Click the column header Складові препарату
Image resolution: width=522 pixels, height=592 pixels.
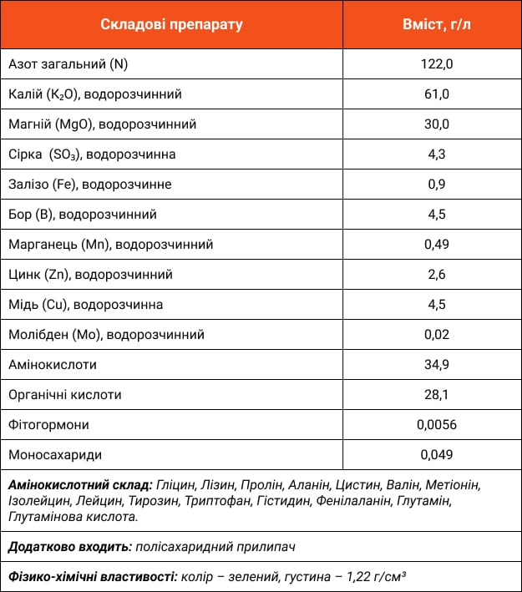[x=172, y=24]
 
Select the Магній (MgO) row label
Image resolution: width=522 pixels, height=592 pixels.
[x=102, y=124]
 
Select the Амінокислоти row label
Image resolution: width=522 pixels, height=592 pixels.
[x=52, y=365]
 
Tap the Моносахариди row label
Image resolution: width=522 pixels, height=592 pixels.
[x=55, y=455]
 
